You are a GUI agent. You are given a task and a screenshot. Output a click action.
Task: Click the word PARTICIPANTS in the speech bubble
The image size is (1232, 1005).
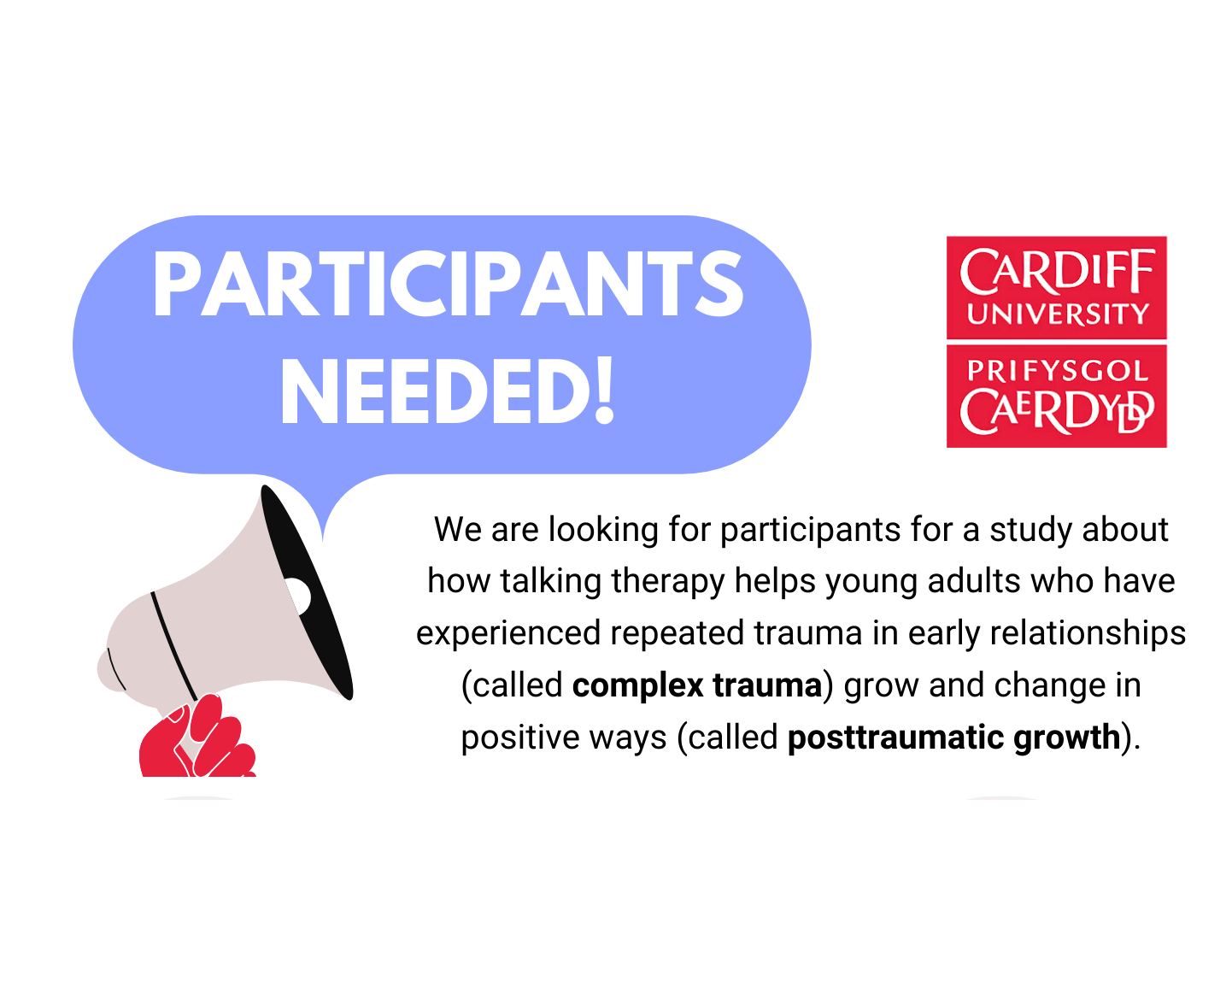[448, 284]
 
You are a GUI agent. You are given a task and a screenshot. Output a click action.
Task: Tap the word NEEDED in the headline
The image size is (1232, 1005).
[435, 391]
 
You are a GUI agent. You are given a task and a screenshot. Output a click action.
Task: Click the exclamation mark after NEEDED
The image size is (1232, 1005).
[604, 391]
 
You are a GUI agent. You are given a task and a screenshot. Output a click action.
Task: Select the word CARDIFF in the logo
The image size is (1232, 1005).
[1056, 271]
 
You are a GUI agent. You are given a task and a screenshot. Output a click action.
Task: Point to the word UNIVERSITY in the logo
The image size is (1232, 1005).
[1058, 314]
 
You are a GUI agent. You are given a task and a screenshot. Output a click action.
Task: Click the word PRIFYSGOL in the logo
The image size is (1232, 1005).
[1058, 371]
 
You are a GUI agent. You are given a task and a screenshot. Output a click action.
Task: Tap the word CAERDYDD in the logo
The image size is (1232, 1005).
[1057, 412]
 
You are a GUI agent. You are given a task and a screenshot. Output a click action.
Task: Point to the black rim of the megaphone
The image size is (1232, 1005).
[307, 592]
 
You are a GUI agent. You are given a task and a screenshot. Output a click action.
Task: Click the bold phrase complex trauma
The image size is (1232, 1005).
[697, 685]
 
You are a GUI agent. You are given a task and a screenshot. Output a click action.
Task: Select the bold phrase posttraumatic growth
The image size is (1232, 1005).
[954, 738]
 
